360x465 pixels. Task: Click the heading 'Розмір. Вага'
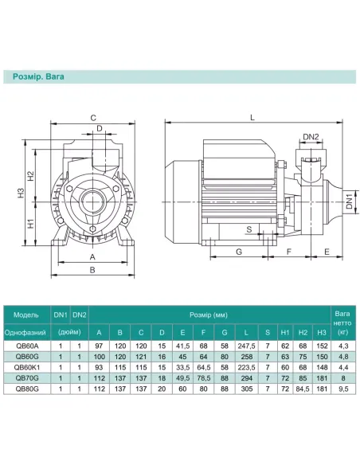[38, 76]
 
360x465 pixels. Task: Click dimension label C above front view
[93, 118]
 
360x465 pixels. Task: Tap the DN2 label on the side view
[311, 137]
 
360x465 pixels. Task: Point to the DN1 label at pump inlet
[349, 201]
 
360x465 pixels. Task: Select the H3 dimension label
[21, 193]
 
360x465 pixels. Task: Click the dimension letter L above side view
[252, 117]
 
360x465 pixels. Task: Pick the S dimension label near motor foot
[249, 229]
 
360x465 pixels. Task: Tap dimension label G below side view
[239, 252]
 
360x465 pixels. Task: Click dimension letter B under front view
[92, 270]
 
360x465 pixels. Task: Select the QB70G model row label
[27, 378]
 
